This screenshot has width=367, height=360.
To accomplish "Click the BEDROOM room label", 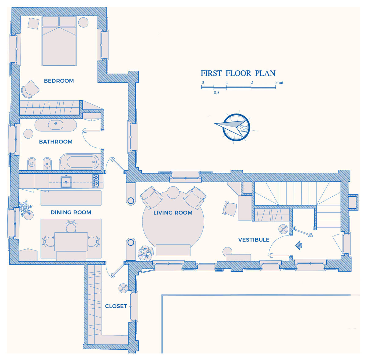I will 59,81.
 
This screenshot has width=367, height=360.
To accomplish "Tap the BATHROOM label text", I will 56,142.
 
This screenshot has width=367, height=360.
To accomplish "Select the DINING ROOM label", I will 71,212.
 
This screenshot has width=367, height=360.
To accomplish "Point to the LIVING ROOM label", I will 173,213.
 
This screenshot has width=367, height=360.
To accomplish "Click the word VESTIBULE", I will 254,240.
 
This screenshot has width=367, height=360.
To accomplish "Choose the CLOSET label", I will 116,306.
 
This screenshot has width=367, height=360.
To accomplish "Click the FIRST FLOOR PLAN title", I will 238,73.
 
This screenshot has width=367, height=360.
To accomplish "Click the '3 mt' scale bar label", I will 279,83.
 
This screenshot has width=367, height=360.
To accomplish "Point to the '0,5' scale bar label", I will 216,93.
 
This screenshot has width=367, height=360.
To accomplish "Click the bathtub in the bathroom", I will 80,161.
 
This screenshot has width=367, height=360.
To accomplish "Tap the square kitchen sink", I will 66,182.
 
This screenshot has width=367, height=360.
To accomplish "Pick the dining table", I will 71,242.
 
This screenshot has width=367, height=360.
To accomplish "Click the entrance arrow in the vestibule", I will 299,245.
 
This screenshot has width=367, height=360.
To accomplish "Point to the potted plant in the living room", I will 146,253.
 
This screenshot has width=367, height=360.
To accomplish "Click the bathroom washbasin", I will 56,125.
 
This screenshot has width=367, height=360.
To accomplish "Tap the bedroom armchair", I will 30,89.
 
